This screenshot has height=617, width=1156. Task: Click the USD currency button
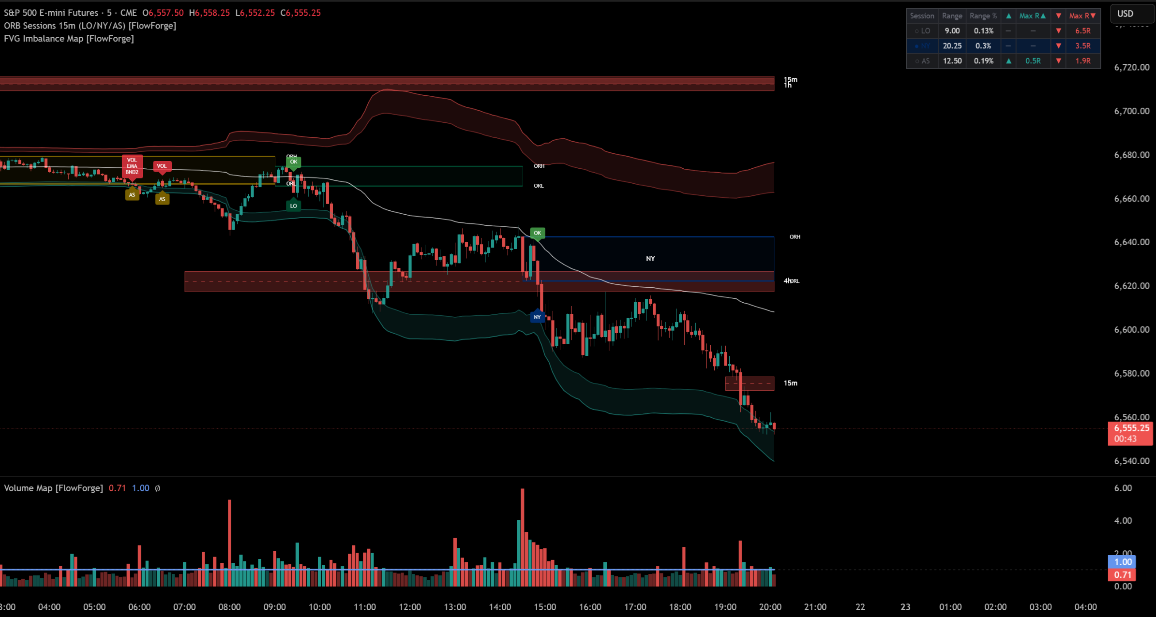1126,14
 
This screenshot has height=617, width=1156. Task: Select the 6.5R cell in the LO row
1082,31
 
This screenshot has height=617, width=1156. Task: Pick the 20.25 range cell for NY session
952,46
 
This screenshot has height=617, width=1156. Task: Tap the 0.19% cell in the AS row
983,61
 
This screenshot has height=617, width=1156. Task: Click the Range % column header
983,16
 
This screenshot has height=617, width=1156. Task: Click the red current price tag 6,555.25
1131,428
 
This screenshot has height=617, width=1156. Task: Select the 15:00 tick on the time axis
545,607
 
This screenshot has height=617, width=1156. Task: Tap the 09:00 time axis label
274,607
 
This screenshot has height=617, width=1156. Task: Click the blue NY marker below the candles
537,317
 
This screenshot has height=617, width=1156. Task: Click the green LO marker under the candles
293,206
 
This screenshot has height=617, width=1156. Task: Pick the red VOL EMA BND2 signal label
132,166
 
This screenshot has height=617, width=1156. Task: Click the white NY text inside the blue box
650,259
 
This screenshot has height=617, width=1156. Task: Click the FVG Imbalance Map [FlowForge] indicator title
69,39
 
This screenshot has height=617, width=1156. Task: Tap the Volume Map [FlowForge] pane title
53,488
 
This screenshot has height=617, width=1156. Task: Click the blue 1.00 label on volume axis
1122,562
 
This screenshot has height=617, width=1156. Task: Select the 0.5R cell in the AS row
1033,61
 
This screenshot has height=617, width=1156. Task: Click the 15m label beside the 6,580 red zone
790,383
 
